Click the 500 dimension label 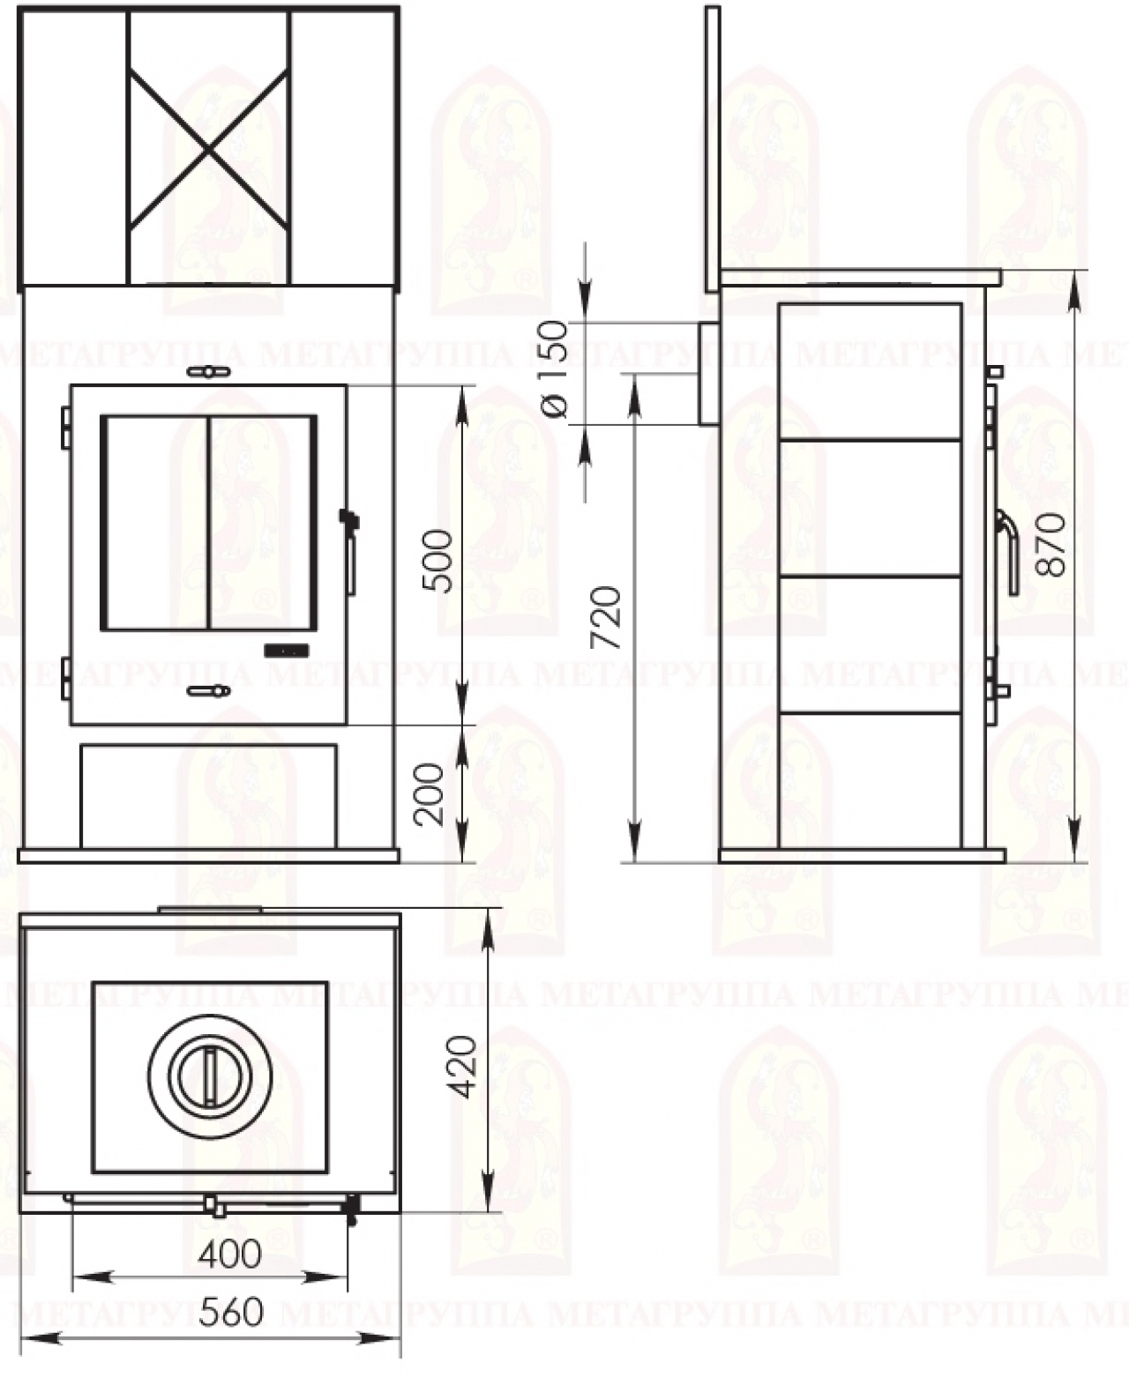[437, 561]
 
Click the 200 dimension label [430, 794]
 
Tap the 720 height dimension [605, 618]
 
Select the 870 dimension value [1050, 544]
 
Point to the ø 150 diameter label [554, 368]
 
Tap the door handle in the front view [350, 552]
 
